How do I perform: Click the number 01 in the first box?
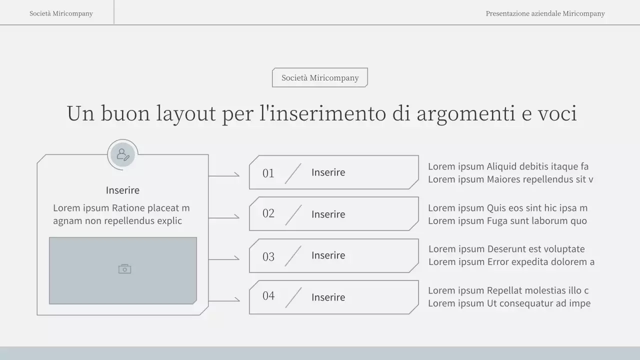click(268, 173)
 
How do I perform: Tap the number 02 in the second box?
click(268, 213)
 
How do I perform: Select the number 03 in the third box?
click(268, 256)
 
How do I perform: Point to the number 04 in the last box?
click(268, 296)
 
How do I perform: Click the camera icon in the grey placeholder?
click(124, 269)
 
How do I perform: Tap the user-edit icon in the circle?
click(123, 154)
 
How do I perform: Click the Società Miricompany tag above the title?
click(320, 77)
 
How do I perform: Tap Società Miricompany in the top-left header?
click(61, 13)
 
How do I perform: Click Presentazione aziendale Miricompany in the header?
click(545, 13)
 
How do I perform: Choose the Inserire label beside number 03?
click(328, 255)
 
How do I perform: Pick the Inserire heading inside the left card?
click(122, 190)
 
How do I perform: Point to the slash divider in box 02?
click(293, 214)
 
